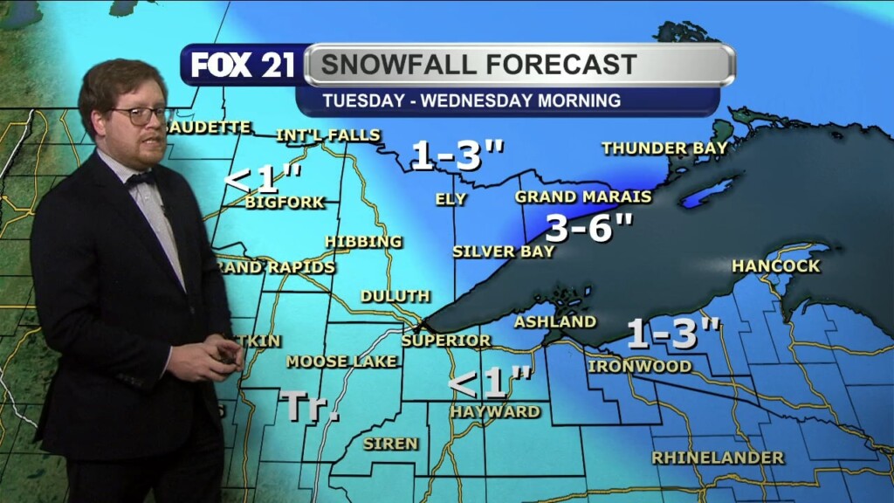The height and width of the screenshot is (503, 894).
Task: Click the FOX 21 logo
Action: point(243,65)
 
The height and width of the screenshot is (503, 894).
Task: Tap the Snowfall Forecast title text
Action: point(478,65)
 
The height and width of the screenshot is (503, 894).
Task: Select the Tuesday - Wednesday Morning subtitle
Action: point(471,100)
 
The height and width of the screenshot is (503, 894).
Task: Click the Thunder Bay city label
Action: point(664,148)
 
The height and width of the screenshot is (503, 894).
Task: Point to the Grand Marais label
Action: point(583,196)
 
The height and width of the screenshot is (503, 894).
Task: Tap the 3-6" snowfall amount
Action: point(588,228)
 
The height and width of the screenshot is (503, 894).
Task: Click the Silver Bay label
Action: point(503,251)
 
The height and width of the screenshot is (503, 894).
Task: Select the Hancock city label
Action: point(775,265)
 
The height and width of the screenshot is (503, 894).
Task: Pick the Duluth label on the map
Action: point(395,296)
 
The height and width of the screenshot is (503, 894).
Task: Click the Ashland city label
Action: point(554,321)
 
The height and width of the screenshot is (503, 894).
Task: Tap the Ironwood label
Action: point(640,366)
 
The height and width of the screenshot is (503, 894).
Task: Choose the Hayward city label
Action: point(495,411)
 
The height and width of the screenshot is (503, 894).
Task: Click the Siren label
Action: point(390,444)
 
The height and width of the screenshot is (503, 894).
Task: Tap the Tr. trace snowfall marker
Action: point(309,406)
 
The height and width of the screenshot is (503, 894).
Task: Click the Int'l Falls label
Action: point(327,135)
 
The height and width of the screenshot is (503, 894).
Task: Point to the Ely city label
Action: point(450,199)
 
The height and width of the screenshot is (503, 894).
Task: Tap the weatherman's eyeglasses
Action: point(140,114)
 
